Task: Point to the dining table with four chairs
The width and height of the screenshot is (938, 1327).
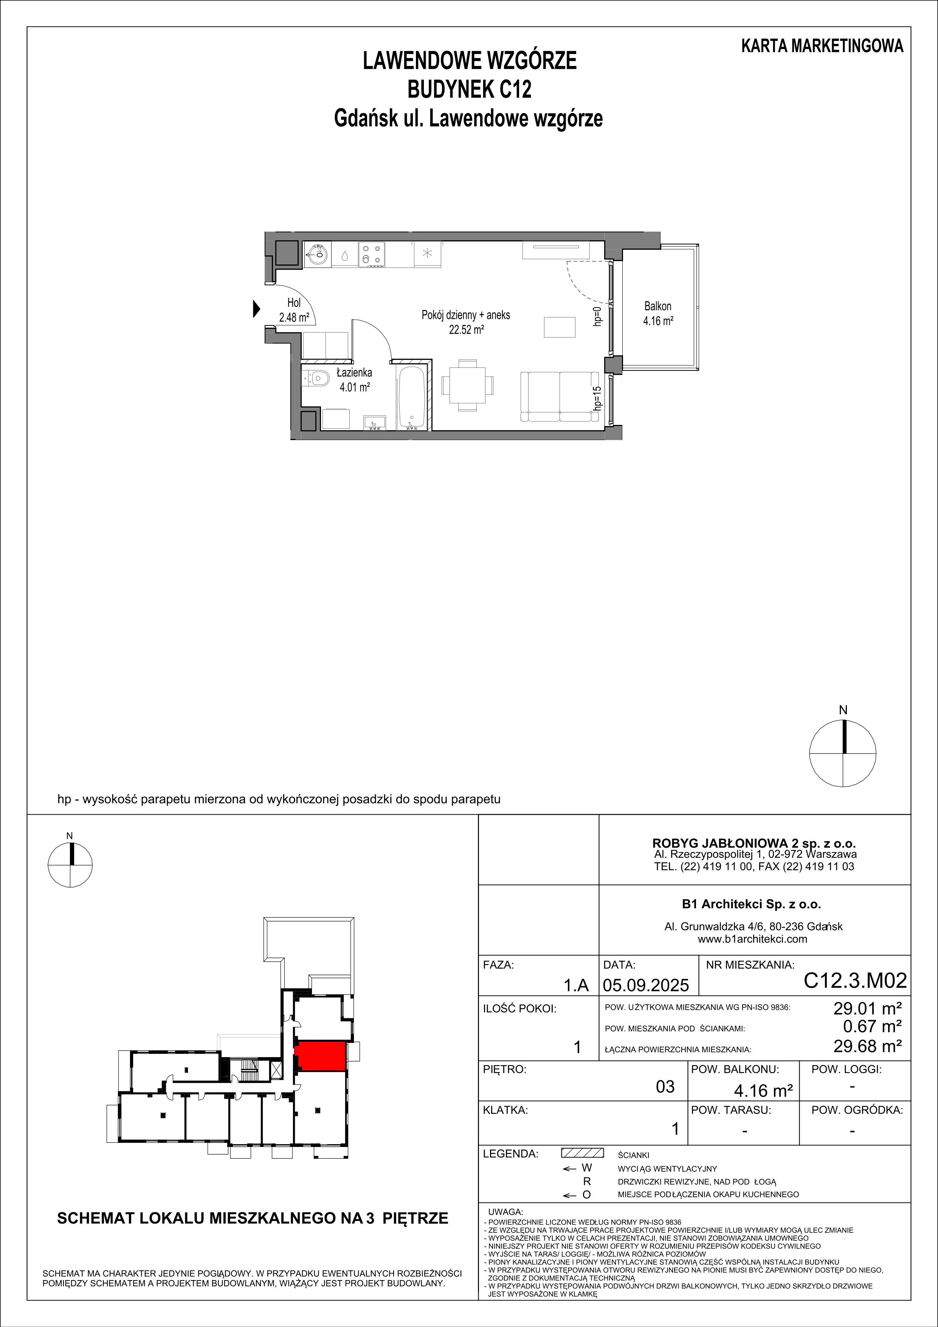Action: [467, 385]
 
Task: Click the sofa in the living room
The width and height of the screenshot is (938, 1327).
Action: [559, 397]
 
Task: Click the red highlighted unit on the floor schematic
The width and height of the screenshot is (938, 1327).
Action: [320, 1055]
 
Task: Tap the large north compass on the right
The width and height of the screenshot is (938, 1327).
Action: [843, 753]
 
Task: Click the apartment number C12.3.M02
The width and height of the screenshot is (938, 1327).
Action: [855, 980]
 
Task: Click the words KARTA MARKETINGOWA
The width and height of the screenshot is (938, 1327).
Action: [822, 46]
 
